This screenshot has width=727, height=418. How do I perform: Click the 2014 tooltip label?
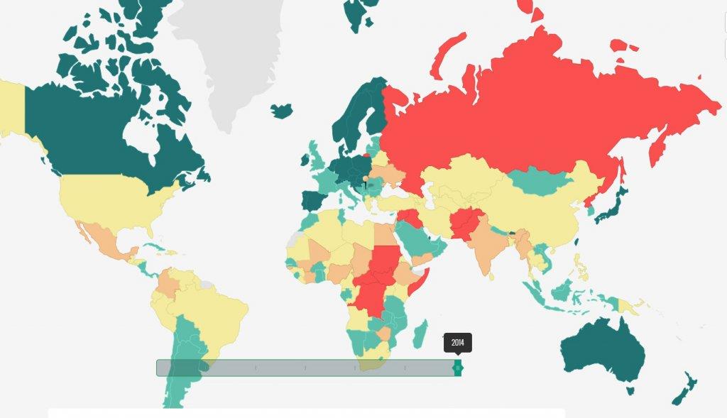point(458,342)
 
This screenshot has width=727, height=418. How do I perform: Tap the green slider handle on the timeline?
point(458,368)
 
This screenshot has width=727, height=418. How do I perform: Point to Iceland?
point(282,111)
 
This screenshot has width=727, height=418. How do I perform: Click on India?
point(486,245)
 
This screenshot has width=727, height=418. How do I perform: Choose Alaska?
point(11,106)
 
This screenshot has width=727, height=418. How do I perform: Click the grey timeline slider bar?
point(305,368)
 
